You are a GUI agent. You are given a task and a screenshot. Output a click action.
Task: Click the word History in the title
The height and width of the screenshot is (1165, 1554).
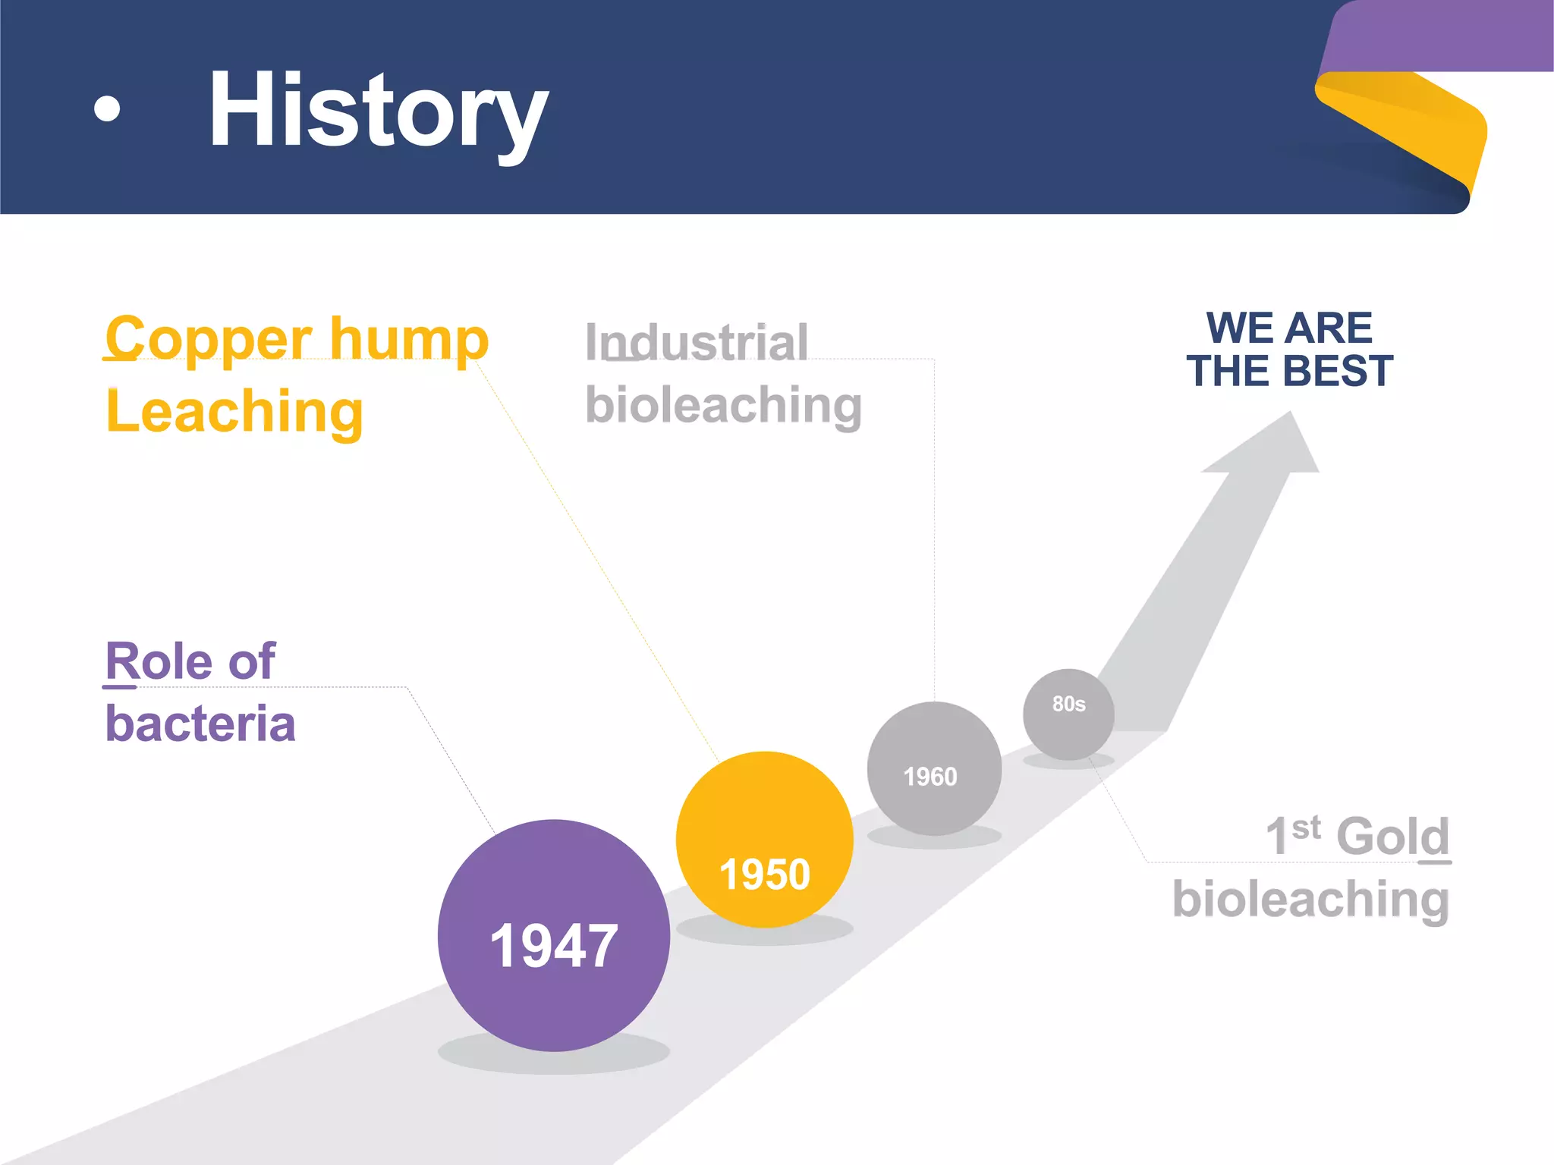tap(378, 110)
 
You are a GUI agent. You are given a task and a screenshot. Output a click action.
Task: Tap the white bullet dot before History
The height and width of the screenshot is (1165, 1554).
tap(107, 108)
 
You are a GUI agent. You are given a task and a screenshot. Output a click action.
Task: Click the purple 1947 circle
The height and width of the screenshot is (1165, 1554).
tap(553, 934)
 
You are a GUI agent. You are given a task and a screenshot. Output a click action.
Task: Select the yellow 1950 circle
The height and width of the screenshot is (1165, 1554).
tap(764, 839)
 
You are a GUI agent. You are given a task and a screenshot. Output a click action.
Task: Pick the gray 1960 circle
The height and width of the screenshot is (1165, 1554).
tap(933, 768)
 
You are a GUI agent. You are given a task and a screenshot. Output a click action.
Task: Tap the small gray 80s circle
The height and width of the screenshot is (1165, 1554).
tap(1068, 713)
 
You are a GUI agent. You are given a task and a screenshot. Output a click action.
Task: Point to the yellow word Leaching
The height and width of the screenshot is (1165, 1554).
tap(234, 411)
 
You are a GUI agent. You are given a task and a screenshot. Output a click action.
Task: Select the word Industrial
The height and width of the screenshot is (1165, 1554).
tap(697, 343)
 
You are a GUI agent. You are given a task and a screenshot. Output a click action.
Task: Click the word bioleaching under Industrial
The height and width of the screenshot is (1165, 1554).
tap(723, 405)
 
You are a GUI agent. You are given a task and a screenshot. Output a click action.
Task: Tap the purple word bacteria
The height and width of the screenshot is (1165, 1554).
tap(200, 724)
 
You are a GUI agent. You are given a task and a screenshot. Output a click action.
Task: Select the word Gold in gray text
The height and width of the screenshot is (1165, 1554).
tap(1392, 836)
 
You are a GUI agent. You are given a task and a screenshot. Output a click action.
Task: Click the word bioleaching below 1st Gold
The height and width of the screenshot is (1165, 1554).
tap(1310, 900)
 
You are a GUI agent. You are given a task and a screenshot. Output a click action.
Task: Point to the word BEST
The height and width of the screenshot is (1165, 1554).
tap(1339, 371)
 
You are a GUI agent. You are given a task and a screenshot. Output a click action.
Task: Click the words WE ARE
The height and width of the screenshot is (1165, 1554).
tap(1289, 328)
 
